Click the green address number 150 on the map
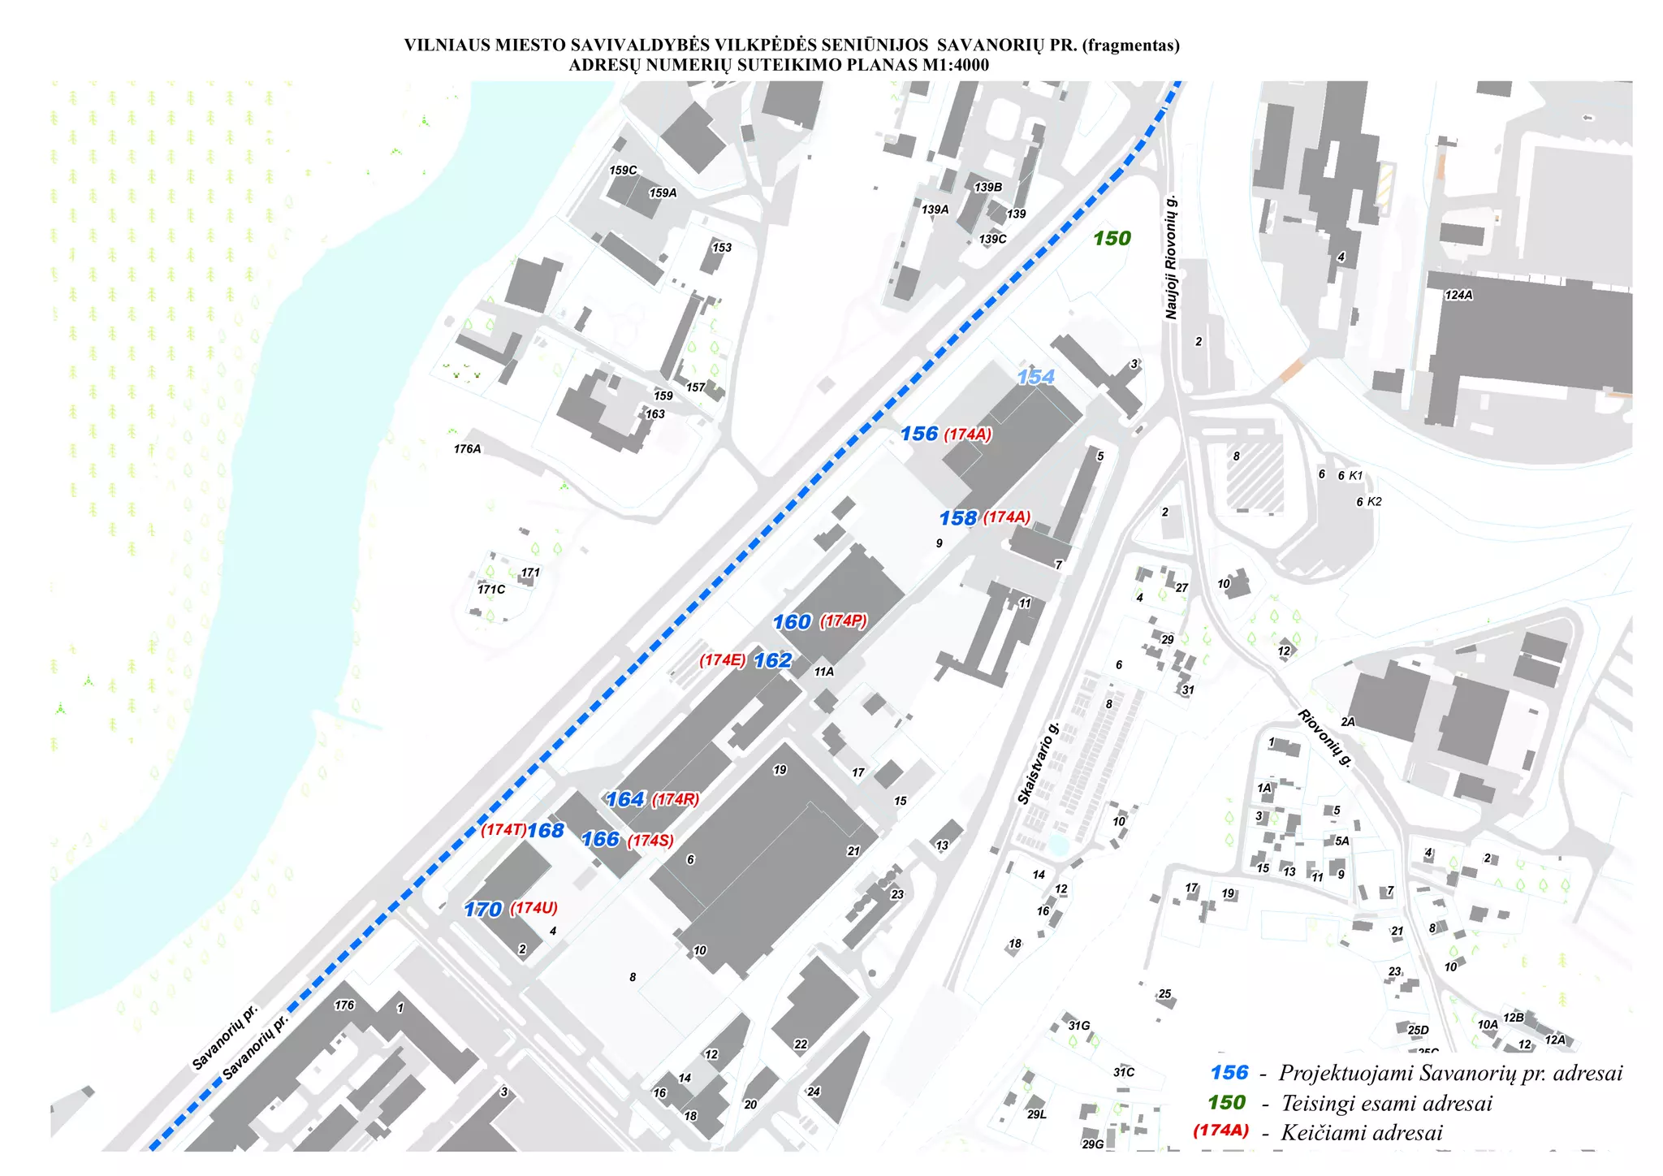(x=1112, y=239)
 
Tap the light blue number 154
(x=1036, y=377)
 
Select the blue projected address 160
(x=792, y=622)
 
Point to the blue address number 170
(x=483, y=910)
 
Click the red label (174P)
(x=844, y=621)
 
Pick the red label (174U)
(x=533, y=908)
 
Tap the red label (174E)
(x=722, y=660)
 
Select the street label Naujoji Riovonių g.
(x=1171, y=257)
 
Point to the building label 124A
(x=1458, y=296)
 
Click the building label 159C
(x=623, y=171)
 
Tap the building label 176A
(x=467, y=449)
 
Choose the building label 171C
(x=490, y=590)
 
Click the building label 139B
(x=988, y=188)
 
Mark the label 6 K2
(x=1368, y=502)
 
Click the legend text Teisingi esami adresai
(x=1386, y=1103)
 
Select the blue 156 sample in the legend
(x=1229, y=1073)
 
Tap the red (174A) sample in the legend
(x=1220, y=1131)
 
